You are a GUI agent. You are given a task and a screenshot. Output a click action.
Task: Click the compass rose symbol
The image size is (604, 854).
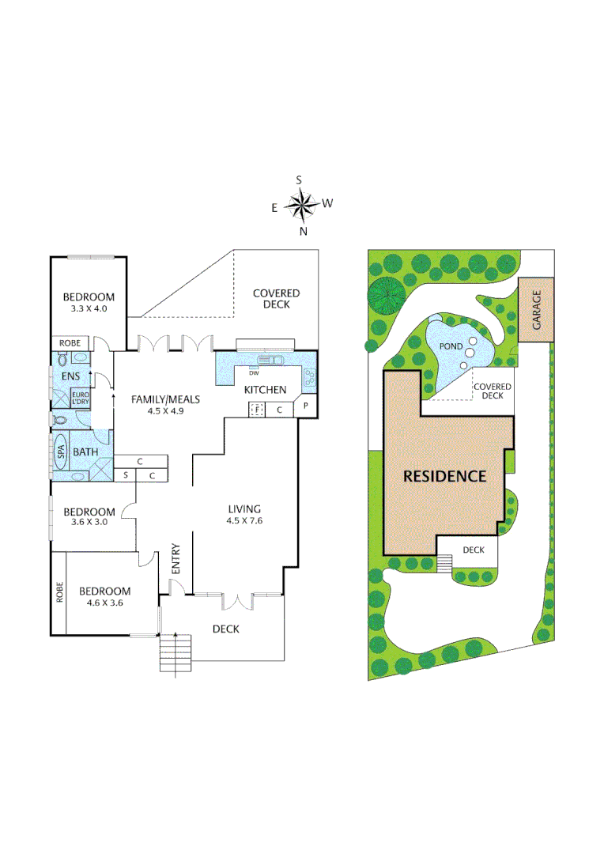click(x=300, y=206)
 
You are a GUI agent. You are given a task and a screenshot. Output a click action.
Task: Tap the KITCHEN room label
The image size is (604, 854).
click(x=265, y=390)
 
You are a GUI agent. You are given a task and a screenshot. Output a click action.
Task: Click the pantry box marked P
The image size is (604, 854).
click(x=305, y=408)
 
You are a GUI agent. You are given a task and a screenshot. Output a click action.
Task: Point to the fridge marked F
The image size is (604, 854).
click(x=256, y=410)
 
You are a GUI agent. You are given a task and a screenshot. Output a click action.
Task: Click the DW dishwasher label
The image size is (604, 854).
click(x=254, y=372)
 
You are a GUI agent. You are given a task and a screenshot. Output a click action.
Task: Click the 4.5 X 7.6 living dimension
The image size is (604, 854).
click(x=244, y=520)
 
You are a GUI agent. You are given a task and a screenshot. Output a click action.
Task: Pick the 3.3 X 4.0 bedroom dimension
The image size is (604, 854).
click(x=89, y=309)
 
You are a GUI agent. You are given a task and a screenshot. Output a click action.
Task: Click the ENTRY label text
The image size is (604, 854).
click(x=176, y=560)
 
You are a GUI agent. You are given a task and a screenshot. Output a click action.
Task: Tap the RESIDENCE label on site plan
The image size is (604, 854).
click(x=444, y=476)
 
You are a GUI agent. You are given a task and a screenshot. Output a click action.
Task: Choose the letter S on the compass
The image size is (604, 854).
click(x=300, y=180)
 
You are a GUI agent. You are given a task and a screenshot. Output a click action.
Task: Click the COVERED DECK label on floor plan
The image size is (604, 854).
click(x=276, y=299)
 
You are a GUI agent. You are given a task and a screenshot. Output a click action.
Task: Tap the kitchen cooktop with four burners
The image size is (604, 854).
click(x=308, y=378)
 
